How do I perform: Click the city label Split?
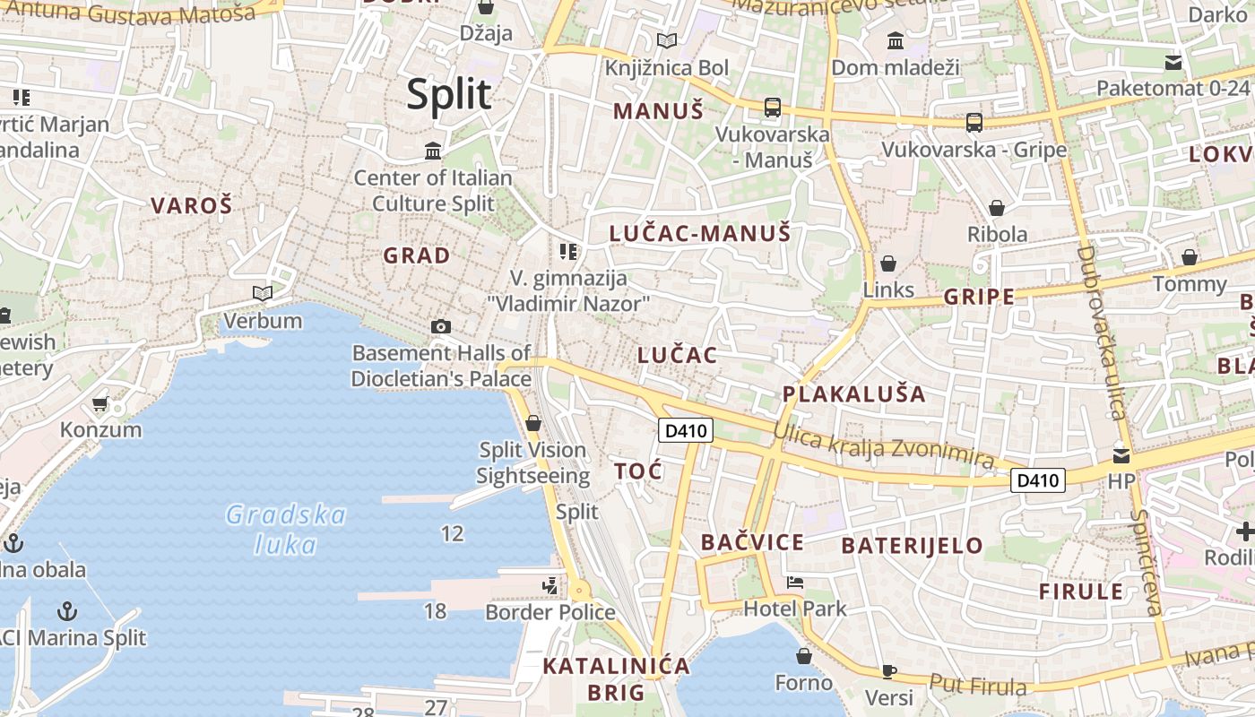point(449,94)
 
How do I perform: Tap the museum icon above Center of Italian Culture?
point(433,150)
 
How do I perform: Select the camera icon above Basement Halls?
point(440,326)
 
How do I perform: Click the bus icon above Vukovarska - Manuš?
point(772,108)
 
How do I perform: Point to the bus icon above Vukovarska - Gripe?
point(974,122)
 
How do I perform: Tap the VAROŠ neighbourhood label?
point(191,205)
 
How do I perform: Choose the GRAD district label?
point(417,255)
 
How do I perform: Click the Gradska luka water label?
point(286,529)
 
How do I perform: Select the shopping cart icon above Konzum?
point(100,403)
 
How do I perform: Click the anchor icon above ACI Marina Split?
point(67,611)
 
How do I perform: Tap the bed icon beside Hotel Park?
point(794,583)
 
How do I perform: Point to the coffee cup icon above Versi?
point(888,670)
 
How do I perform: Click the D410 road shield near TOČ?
point(686,430)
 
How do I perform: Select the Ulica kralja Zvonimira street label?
point(884,445)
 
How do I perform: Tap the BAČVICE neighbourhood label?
point(752,542)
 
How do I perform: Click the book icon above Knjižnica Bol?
point(666,40)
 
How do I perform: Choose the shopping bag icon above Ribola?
point(996,208)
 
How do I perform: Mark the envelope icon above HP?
point(1121,455)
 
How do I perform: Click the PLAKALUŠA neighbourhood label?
point(853,394)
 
